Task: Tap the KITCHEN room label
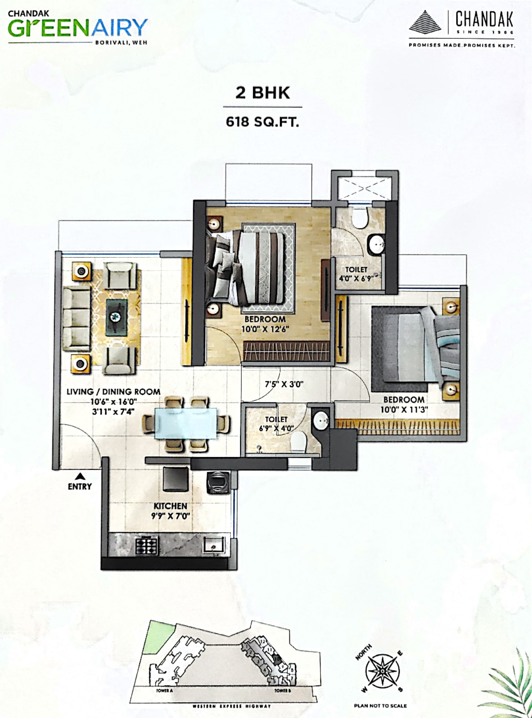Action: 170,506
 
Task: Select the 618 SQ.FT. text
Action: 263,122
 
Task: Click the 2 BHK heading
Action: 263,93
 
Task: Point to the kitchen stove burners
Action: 146,546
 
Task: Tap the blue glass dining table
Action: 186,423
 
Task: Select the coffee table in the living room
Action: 116,316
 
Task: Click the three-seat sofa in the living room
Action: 77,319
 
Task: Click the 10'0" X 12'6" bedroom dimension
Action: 265,329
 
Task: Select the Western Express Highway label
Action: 232,706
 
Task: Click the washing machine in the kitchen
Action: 218,482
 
